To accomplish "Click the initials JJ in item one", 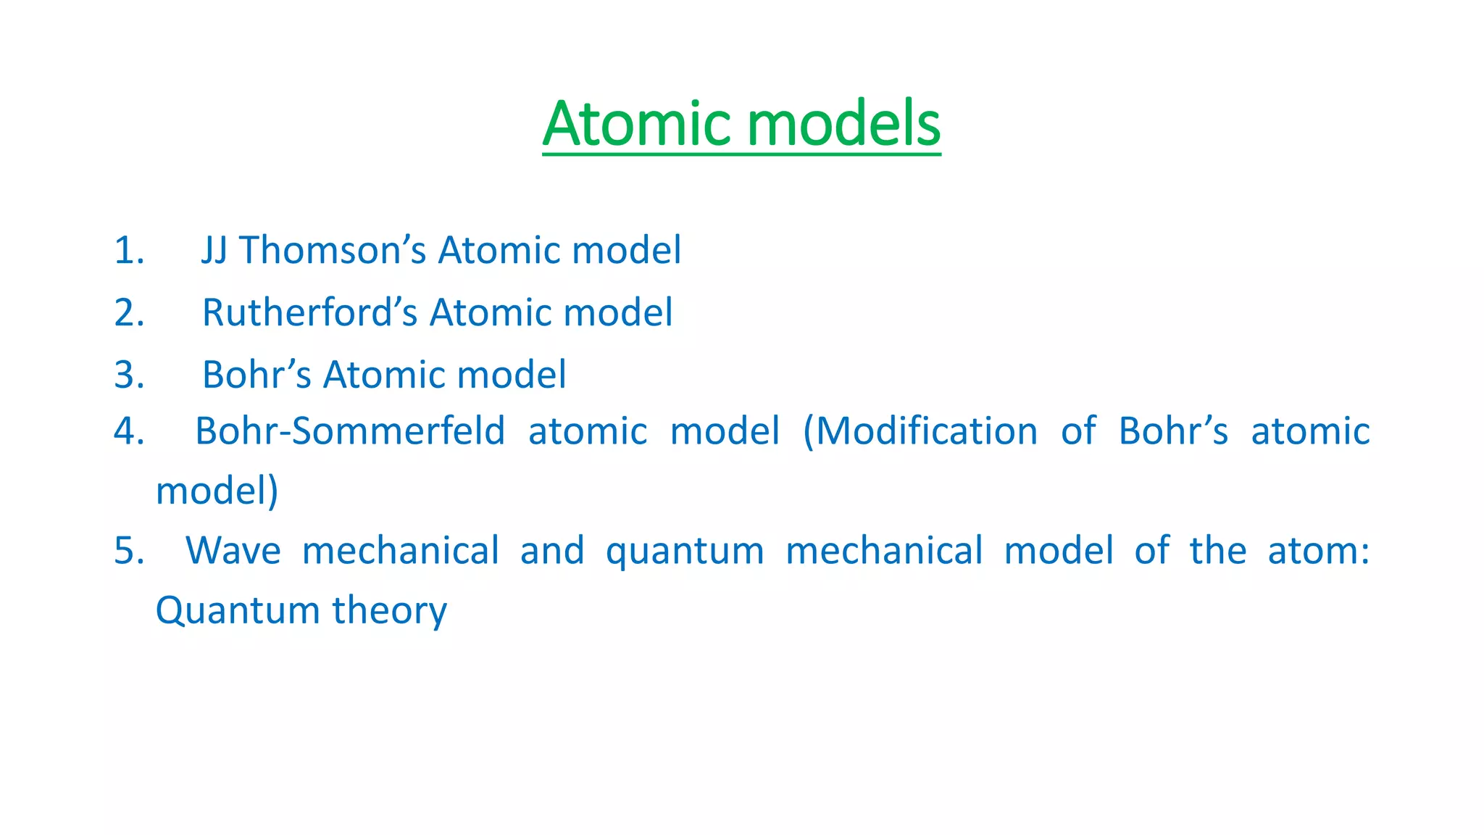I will click(x=214, y=251).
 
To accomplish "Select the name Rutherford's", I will click(x=309, y=313).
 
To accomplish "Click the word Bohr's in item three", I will click(x=257, y=375).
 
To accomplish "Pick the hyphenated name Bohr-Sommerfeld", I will click(x=350, y=431).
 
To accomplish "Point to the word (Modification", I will click(x=920, y=431).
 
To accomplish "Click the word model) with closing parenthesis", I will click(x=217, y=491).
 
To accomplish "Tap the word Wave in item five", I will click(x=233, y=551).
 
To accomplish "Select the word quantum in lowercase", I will click(x=685, y=551).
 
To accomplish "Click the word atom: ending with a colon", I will click(x=1318, y=551).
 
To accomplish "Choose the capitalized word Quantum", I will click(x=238, y=610).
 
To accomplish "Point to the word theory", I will click(x=390, y=610).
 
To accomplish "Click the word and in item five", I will click(x=552, y=551).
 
